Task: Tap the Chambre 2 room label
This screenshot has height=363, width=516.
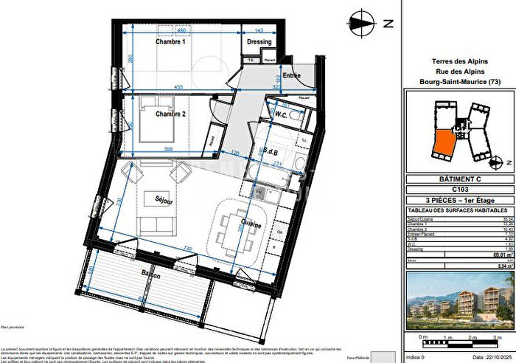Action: [x=170, y=114]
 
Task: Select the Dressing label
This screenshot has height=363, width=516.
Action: [x=259, y=43]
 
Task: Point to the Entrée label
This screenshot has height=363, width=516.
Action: [x=292, y=75]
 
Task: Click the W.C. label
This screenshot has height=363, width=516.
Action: [x=281, y=115]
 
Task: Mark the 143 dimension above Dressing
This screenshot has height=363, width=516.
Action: [x=259, y=30]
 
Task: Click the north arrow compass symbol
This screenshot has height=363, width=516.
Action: [x=360, y=22]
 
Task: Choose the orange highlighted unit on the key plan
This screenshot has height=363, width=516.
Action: [x=443, y=143]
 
